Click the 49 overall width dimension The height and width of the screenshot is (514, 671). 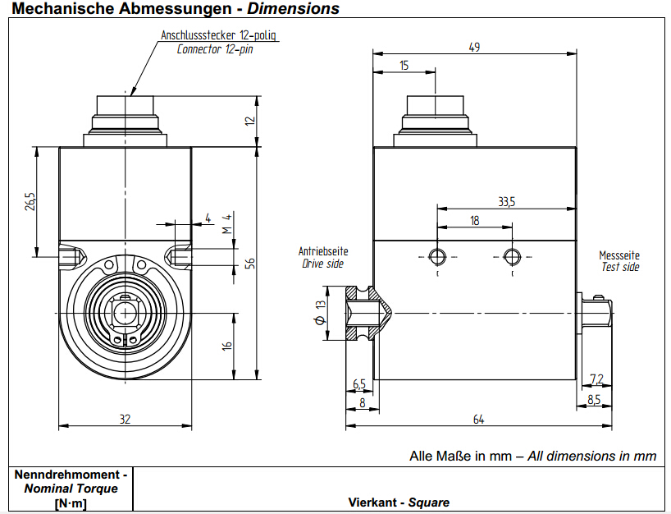[x=474, y=47]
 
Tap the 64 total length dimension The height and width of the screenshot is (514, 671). [x=478, y=420]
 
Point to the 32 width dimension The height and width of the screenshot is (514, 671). [x=125, y=420]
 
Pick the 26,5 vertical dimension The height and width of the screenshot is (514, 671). [x=30, y=201]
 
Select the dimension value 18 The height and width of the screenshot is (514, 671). [x=475, y=220]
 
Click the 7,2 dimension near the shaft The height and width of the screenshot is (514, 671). [x=596, y=379]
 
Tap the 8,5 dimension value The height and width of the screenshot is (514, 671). [x=594, y=400]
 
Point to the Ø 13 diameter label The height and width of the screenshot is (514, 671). [x=320, y=312]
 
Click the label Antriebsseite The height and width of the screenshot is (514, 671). [x=322, y=251]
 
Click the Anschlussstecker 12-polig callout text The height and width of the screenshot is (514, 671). [x=221, y=35]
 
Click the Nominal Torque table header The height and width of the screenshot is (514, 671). [x=71, y=489]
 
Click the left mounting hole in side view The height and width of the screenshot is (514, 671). [x=438, y=257]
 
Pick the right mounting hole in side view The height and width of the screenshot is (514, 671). [x=512, y=257]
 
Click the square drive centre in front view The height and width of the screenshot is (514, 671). [x=125, y=312]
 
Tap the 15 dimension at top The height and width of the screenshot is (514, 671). [x=404, y=65]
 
